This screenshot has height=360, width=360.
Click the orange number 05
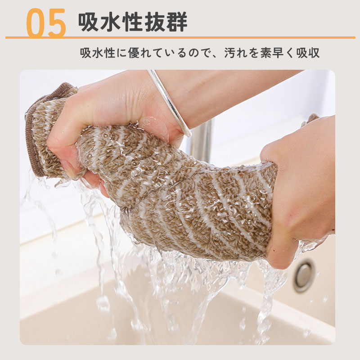click(46, 22)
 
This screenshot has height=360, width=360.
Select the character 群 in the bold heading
click(176, 22)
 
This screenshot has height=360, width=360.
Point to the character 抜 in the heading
click(155, 22)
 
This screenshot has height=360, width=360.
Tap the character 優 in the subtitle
click(134, 53)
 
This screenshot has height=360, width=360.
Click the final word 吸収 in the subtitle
click(308, 53)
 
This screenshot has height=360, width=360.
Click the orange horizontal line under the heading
click(180, 37)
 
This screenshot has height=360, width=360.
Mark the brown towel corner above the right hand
click(310, 119)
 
